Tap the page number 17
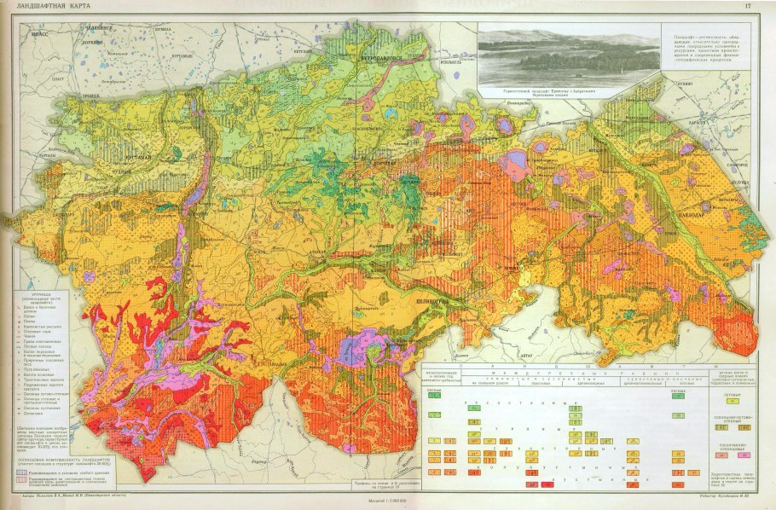coord(747,7)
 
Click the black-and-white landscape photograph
coord(567,55)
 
